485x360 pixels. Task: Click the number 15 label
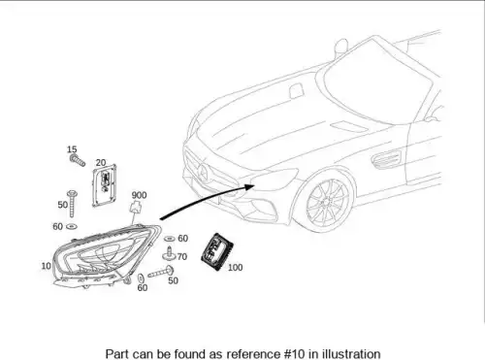tap(72, 149)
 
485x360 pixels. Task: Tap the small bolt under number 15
tap(78, 160)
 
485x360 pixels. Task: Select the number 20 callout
tap(101, 162)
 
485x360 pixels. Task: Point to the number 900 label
tap(139, 195)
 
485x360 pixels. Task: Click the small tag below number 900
tap(136, 207)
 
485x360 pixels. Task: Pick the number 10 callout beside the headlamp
tap(46, 266)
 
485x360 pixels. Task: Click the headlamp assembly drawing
tap(106, 255)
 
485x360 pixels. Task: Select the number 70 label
tap(182, 256)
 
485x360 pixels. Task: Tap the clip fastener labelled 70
tap(169, 254)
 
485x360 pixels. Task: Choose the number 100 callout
tap(235, 268)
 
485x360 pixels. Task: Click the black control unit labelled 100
tap(217, 251)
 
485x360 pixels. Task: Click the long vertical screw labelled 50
tap(72, 204)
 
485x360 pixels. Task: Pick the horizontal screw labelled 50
tap(161, 272)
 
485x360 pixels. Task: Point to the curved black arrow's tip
tap(255, 185)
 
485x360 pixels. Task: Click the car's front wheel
tap(328, 201)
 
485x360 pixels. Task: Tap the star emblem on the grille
tap(203, 172)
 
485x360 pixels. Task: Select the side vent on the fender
tap(386, 159)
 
